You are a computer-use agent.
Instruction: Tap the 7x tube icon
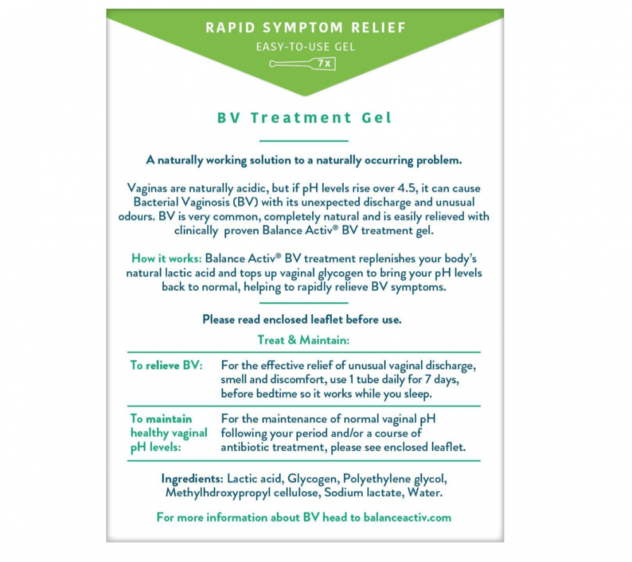tap(302, 63)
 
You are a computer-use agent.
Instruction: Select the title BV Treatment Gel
tap(304, 118)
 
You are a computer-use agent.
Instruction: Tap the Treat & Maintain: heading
tap(303, 339)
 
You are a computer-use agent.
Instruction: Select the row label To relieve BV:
tap(166, 366)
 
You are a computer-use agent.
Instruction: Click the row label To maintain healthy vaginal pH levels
tap(168, 433)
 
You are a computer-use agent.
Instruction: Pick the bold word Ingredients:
tap(193, 479)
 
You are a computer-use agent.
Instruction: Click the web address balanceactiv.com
tap(408, 517)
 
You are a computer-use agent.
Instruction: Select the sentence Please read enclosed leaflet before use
tap(301, 319)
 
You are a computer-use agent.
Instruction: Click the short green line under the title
tap(304, 140)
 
